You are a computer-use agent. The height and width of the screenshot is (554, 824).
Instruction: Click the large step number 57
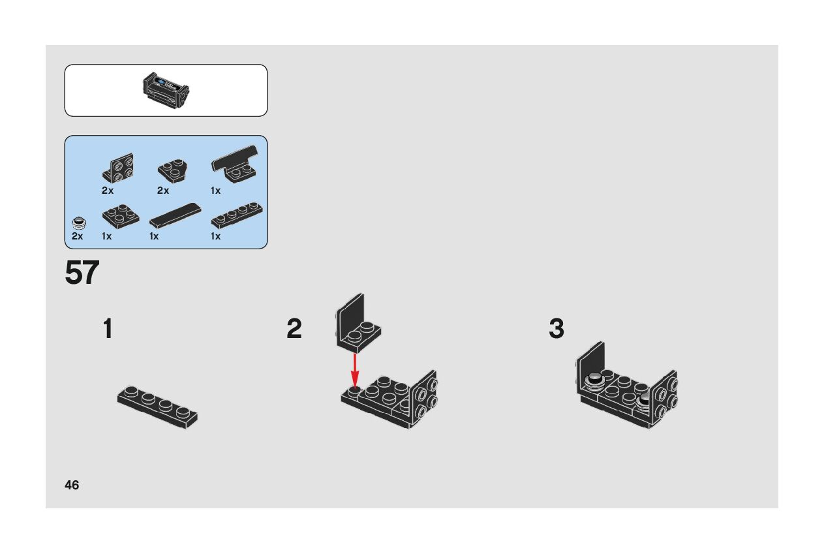82,273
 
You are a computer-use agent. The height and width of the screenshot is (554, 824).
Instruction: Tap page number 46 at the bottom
72,485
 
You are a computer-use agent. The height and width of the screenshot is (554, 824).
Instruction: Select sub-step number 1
108,329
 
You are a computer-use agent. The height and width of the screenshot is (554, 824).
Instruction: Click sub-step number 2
294,329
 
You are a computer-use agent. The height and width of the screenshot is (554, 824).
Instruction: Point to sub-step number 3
556,329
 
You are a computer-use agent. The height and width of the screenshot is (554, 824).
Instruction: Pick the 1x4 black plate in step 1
158,407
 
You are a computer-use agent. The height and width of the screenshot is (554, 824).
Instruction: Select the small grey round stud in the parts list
78,222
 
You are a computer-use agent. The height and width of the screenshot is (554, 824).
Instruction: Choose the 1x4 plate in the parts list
237,215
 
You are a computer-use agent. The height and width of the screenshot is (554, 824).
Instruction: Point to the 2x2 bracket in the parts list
118,168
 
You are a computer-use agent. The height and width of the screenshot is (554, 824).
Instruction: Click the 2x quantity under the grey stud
78,236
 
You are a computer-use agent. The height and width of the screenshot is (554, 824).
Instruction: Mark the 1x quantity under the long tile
154,236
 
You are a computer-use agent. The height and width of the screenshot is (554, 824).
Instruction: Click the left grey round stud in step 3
594,381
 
